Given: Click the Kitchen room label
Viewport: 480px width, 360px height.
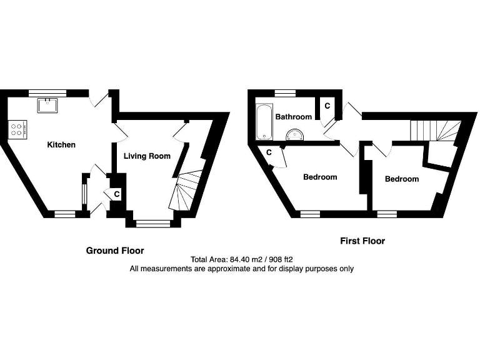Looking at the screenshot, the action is [x=61, y=145].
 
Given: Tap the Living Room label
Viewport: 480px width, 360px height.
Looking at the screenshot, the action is [x=147, y=156].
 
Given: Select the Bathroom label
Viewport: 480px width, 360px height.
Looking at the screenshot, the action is [x=293, y=117].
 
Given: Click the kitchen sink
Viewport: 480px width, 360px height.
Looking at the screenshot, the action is [x=47, y=104].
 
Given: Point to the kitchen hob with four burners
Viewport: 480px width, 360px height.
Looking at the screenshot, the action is [x=18, y=129].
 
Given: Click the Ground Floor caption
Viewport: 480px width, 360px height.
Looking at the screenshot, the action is [x=114, y=251].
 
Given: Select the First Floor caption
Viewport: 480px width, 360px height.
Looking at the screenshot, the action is [x=362, y=241].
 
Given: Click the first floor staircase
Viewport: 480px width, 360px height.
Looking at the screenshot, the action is [x=434, y=131].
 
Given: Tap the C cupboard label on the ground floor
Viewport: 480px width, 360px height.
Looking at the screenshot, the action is [x=117, y=195].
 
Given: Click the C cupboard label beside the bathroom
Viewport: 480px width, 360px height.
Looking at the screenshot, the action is [x=327, y=106].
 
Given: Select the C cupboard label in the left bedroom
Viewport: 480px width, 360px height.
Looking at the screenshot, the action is [x=269, y=152].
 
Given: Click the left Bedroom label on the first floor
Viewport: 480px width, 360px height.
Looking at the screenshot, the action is [x=320, y=177].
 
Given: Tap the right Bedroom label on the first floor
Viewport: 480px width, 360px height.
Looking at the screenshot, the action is [x=401, y=179].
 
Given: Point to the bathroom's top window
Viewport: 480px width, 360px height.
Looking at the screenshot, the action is [x=284, y=93].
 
